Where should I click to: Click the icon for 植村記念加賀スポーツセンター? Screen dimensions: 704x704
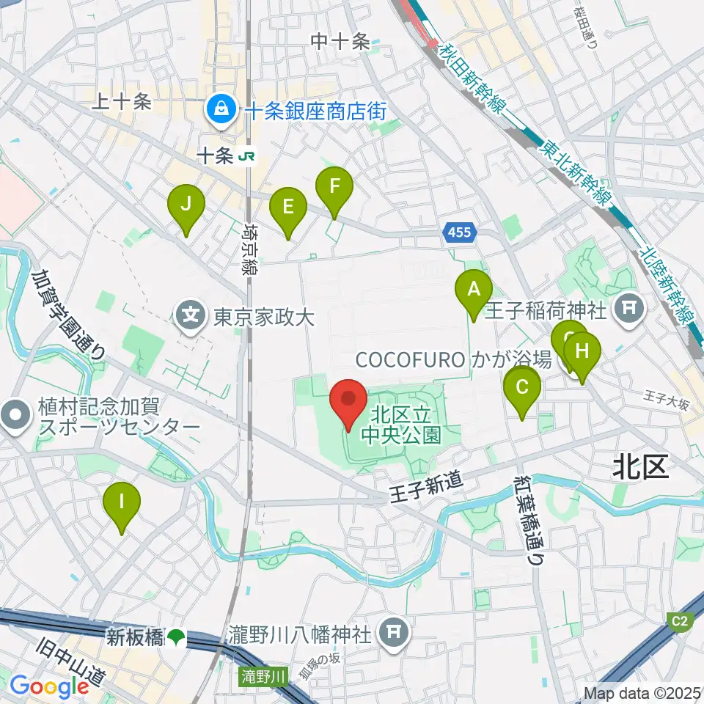click(15, 417)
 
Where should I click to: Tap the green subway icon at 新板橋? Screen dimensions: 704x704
click(175, 638)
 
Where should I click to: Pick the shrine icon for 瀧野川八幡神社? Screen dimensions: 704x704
click(395, 633)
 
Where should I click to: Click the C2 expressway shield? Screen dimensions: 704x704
click(681, 622)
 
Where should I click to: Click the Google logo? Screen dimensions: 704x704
click(50, 686)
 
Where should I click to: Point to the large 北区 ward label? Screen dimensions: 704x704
click(641, 467)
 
